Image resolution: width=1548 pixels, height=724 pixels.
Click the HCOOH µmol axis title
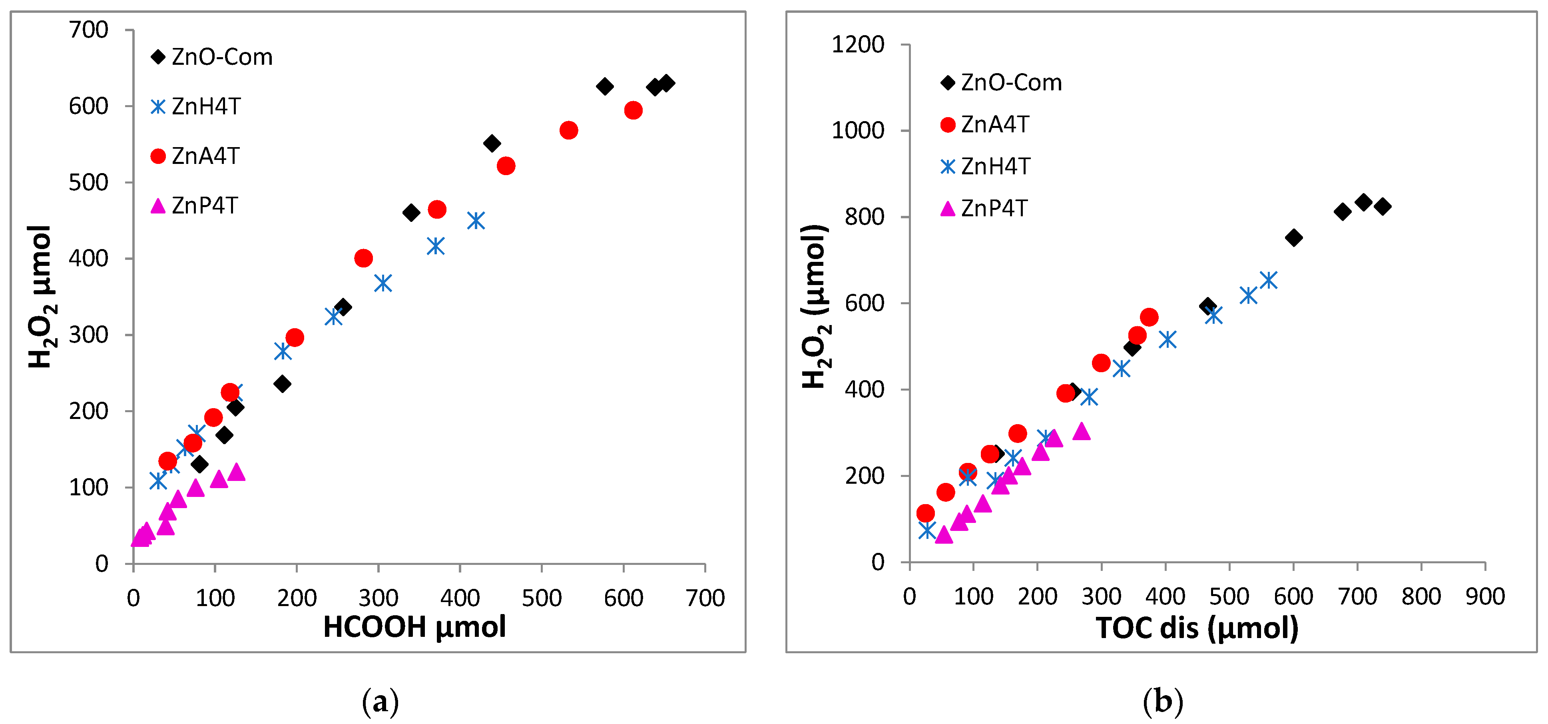414,627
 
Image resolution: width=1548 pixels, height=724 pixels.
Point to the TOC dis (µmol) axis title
1196,628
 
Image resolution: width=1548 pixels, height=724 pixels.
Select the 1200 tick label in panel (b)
857,44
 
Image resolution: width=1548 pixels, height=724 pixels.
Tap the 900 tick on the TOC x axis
1485,596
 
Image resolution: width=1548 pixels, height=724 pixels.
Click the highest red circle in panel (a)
633,110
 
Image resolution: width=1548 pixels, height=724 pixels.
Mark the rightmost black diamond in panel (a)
666,83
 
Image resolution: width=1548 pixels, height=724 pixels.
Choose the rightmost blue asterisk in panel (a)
475,221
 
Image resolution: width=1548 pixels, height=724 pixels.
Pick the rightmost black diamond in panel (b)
1383,206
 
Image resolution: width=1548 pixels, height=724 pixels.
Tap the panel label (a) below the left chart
380,701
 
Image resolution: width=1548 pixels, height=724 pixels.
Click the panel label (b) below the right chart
1162,701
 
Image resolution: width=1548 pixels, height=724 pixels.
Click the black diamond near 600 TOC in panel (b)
1294,237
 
